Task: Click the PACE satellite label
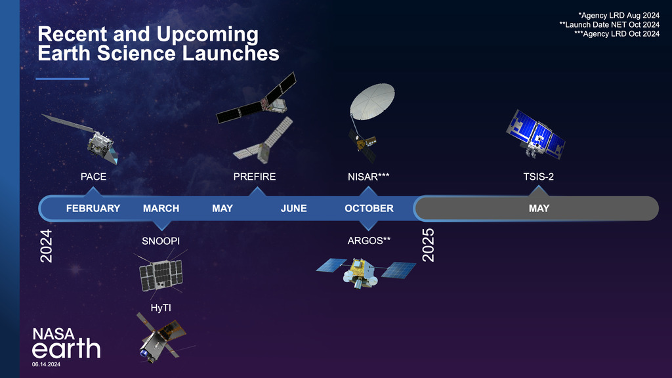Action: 93,177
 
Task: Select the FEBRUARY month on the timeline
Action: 93,208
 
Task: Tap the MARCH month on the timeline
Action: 161,208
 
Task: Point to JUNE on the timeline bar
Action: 293,208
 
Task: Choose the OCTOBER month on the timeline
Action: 369,208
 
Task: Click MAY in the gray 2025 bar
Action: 539,208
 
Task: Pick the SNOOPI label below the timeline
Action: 161,241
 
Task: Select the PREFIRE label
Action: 255,177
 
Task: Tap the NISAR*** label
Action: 369,177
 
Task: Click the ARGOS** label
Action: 369,240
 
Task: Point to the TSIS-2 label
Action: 539,177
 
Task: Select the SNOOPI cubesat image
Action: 160,275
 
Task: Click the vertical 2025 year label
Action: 429,245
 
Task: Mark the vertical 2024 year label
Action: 46,245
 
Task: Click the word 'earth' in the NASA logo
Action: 66,348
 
